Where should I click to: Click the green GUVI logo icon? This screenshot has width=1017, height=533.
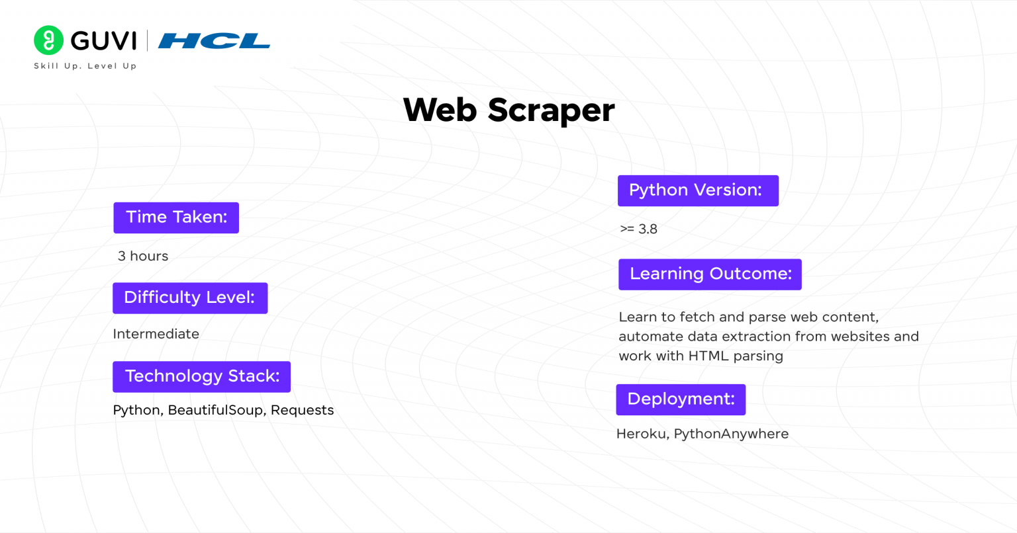pos(48,40)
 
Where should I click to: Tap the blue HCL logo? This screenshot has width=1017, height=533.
pos(214,41)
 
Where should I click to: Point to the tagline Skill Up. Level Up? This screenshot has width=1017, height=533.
pos(85,66)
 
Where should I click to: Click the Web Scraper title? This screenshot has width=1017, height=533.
pos(508,110)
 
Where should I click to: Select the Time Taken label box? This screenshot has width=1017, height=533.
pos(176,218)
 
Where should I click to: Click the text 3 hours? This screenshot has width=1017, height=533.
pos(143,256)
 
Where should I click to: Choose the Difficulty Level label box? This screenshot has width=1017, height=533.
pos(190,298)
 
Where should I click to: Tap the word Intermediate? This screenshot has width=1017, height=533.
pos(156,334)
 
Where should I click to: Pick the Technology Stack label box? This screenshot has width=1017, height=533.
pos(201,376)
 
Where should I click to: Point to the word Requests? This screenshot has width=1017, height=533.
pos(302,410)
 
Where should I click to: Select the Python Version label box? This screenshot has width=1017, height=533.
pos(698,190)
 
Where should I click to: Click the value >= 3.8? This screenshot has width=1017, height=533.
pos(638,229)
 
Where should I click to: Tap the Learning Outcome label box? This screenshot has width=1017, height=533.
pos(710,274)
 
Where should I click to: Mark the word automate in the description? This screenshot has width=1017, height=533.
pos(649,337)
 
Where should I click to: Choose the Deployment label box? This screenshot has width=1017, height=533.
pos(681,399)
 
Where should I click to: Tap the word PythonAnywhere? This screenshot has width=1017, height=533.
pos(731,434)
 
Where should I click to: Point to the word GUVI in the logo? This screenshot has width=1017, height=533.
pos(103,41)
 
